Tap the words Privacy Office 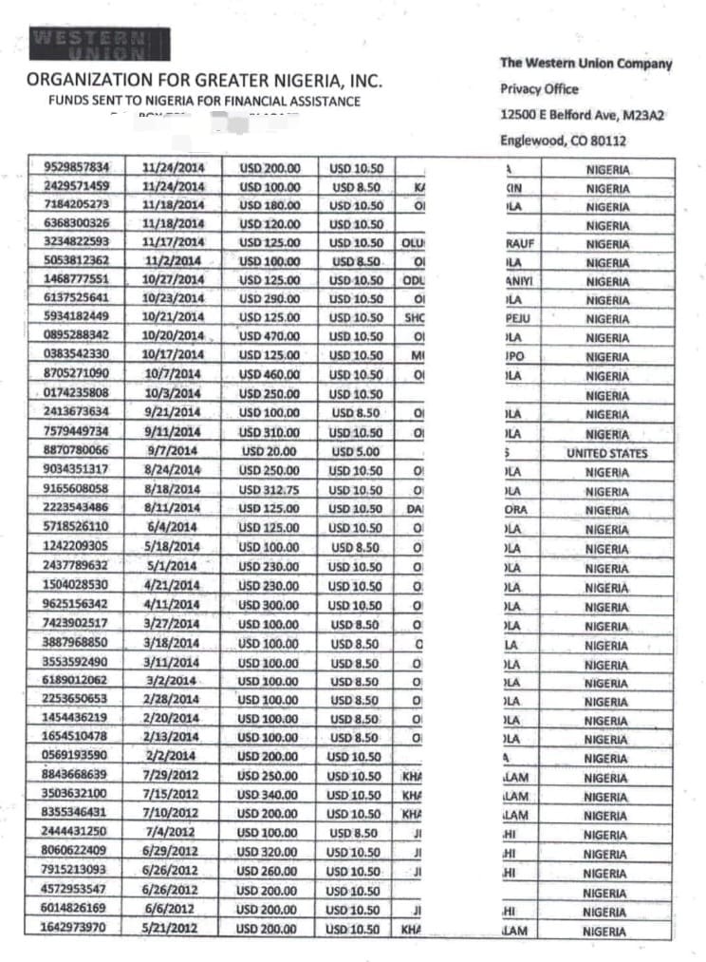click(x=539, y=89)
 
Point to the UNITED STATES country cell click(x=607, y=453)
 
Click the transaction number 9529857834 click(x=77, y=167)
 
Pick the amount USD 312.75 click(x=269, y=490)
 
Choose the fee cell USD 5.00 click(x=356, y=452)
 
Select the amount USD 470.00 click(x=269, y=336)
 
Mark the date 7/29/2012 click(x=170, y=775)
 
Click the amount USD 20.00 click(x=269, y=452)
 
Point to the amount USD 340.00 click(x=268, y=794)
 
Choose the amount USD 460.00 click(x=269, y=375)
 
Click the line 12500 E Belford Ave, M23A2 click(x=583, y=115)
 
